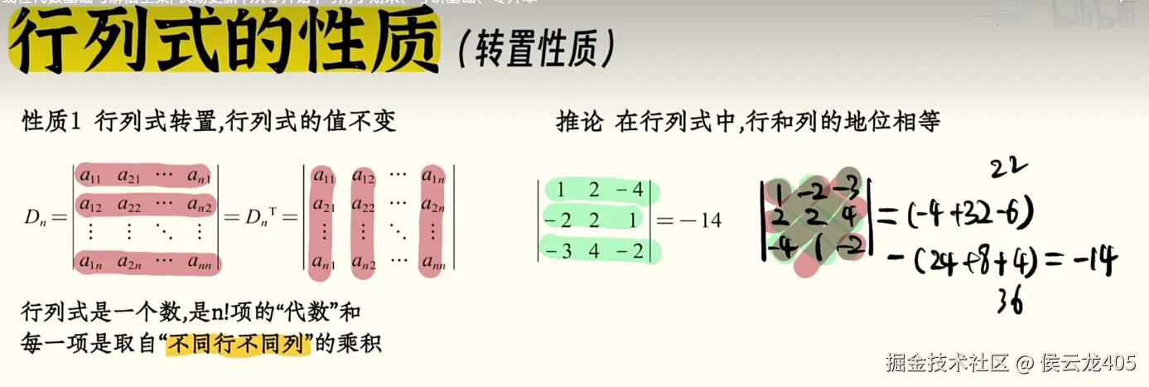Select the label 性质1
(x=51, y=123)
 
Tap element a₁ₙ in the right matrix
(x=432, y=176)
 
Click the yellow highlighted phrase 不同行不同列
(x=238, y=343)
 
